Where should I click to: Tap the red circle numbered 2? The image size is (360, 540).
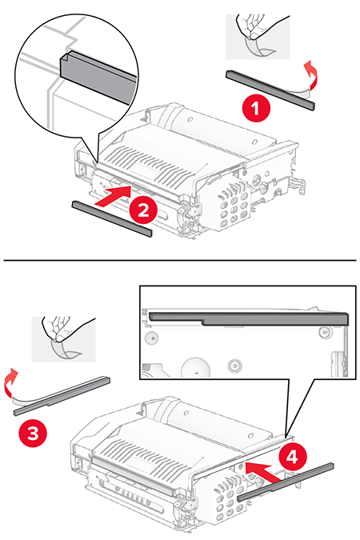coord(142,210)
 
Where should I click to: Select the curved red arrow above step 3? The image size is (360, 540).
coord(10,381)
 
